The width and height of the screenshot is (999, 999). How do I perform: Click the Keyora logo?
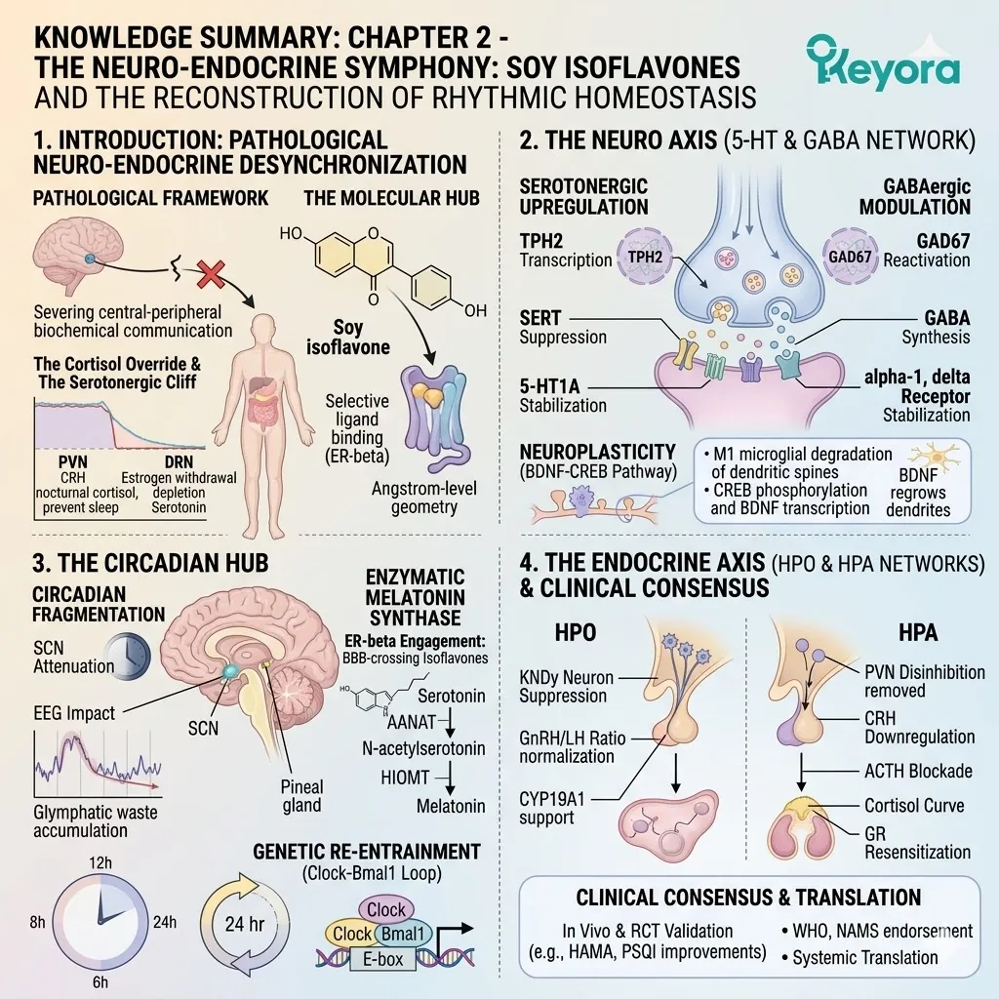pyautogui.click(x=882, y=63)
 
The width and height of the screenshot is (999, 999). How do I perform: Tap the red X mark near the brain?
pyautogui.click(x=211, y=275)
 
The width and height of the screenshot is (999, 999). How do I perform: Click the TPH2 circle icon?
pyautogui.click(x=645, y=257)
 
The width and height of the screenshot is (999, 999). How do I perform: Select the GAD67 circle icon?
pyautogui.click(x=850, y=257)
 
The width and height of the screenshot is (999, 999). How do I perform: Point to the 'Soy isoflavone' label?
pyautogui.click(x=348, y=337)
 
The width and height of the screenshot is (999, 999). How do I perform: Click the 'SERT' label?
pyautogui.click(x=540, y=318)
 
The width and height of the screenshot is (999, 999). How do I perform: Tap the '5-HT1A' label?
pyautogui.click(x=549, y=386)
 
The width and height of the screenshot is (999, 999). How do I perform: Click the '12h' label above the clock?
pyautogui.click(x=100, y=862)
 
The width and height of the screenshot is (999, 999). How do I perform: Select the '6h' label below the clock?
pyautogui.click(x=100, y=981)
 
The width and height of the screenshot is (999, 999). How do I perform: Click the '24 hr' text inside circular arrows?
pyautogui.click(x=245, y=923)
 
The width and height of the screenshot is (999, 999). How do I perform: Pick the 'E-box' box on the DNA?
pyautogui.click(x=382, y=959)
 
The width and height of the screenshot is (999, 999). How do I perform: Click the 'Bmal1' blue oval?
pyautogui.click(x=403, y=934)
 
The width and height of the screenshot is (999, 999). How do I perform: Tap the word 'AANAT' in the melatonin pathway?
pyautogui.click(x=412, y=722)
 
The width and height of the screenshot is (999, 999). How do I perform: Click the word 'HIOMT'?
pyautogui.click(x=405, y=778)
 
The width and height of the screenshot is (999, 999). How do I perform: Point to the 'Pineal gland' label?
pyautogui.click(x=302, y=796)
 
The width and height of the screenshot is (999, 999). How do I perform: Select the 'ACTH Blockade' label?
pyautogui.click(x=918, y=771)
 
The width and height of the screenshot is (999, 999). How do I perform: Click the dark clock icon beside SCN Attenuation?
pyautogui.click(x=128, y=656)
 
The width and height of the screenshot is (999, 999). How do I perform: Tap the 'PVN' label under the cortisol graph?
pyautogui.click(x=72, y=461)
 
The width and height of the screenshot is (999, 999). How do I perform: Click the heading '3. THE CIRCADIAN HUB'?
pyautogui.click(x=150, y=563)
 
